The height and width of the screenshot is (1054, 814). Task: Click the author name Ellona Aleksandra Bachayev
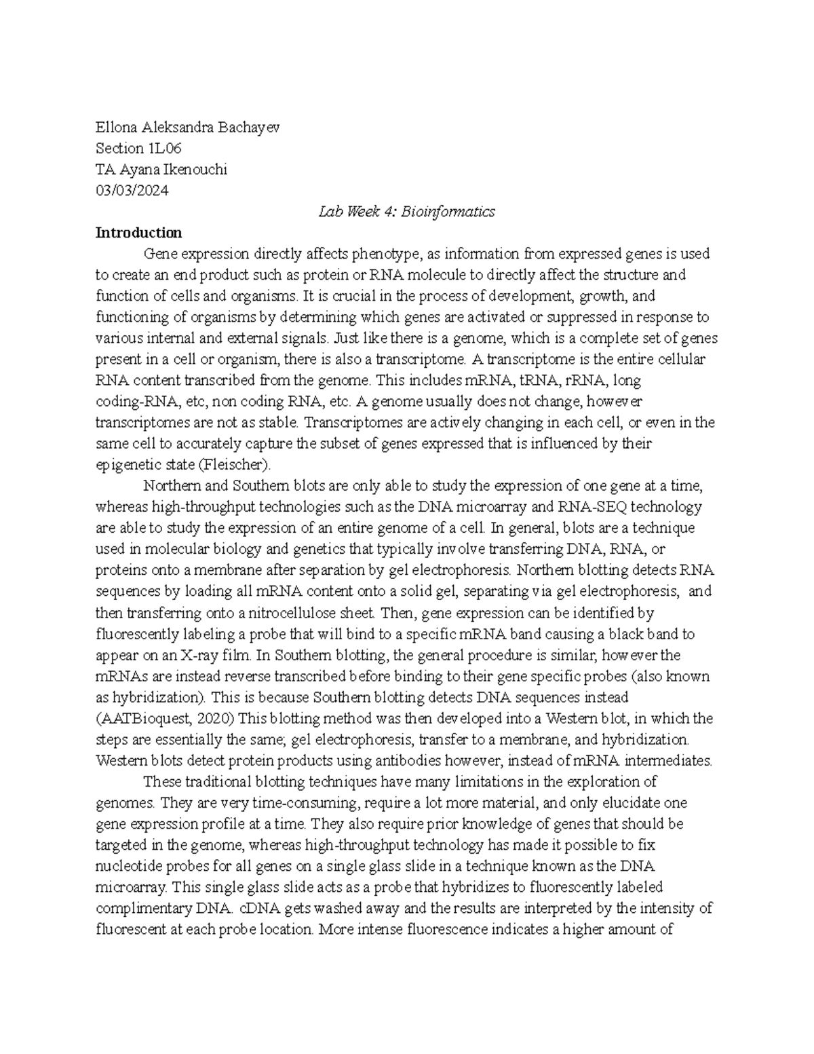pos(187,128)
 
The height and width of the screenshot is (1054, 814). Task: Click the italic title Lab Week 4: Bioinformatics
pos(406,212)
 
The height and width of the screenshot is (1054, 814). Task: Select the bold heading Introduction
pos(138,233)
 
